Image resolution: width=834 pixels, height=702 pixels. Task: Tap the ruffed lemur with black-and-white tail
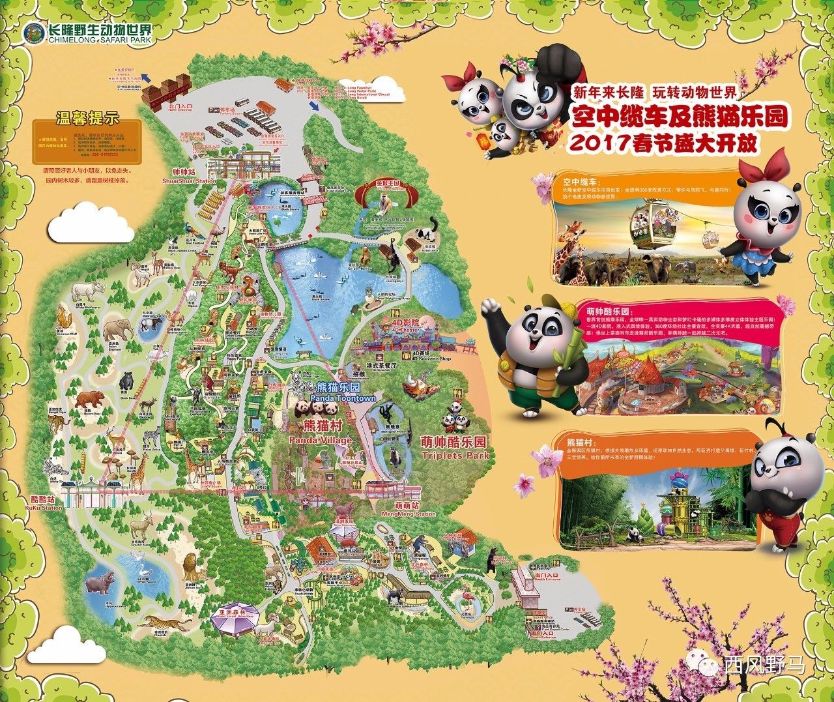coord(427,235)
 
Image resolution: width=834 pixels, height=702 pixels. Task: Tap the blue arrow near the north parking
coord(315,105)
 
